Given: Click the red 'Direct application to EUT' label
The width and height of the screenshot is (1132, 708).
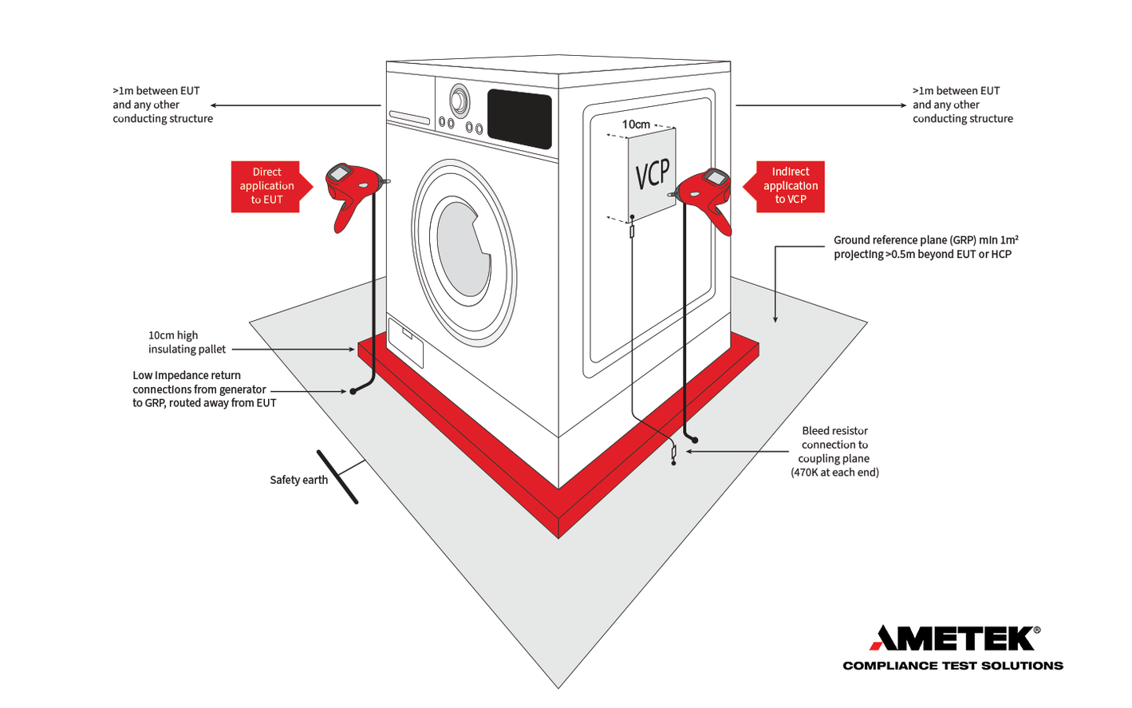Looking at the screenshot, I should tap(266, 186).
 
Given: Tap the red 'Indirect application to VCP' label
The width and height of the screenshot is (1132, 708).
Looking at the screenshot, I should tap(790, 186).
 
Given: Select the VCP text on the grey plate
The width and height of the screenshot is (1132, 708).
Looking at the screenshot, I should tap(653, 173).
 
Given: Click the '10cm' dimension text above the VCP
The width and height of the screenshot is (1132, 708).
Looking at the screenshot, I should tap(636, 125).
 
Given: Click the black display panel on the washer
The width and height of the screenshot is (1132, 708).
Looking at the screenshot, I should tap(519, 118).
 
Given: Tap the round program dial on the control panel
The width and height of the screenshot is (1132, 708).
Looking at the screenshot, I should tap(459, 101).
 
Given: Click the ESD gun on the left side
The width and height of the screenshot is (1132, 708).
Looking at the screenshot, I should tap(352, 192).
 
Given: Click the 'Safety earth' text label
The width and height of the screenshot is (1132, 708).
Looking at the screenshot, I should tap(298, 480).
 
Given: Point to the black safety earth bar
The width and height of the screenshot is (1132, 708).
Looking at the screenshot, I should tap(337, 477).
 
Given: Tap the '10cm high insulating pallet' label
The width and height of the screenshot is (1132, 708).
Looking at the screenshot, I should tap(187, 342).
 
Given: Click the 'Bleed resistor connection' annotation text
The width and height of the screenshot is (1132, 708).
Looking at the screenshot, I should tap(834, 452).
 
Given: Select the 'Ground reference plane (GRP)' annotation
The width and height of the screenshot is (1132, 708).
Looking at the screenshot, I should tap(925, 247).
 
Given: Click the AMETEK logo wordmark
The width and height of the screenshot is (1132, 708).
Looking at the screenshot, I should tap(953, 639).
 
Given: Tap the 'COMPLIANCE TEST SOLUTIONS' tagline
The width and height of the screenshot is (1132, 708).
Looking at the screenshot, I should tap(953, 666).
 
